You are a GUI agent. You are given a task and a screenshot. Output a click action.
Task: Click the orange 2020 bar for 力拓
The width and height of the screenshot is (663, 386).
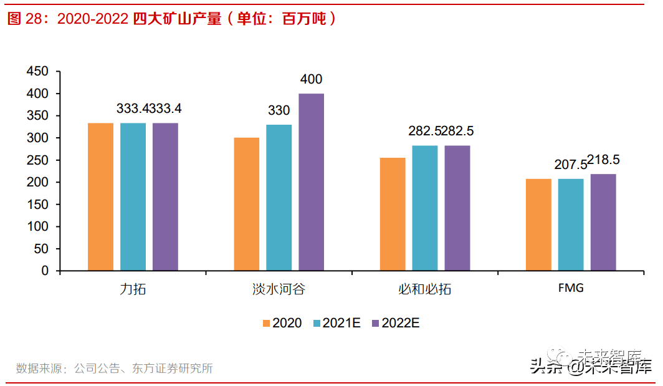[100, 196]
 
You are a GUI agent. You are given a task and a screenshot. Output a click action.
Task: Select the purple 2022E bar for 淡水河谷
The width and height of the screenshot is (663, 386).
[311, 182]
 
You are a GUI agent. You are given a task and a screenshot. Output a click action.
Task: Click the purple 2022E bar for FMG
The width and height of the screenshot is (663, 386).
[603, 222]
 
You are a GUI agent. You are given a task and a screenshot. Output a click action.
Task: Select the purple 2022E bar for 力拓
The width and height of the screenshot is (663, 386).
[165, 196]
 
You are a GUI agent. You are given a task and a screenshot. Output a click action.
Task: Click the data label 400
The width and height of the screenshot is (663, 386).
[311, 80]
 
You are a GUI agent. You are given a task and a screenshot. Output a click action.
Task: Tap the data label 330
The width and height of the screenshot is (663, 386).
[279, 110]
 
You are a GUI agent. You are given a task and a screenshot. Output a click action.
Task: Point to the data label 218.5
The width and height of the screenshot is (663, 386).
[601, 159]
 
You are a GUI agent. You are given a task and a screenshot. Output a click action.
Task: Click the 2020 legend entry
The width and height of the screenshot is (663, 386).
[282, 323]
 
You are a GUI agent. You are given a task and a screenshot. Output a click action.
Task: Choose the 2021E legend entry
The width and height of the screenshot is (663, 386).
[336, 323]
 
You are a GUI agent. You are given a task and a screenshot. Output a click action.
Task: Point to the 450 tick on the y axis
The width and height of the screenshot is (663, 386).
[37, 72]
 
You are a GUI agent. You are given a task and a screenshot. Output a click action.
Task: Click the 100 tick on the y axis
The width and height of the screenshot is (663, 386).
[37, 226]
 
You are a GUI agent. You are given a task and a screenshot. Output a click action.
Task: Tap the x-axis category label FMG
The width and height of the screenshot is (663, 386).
[570, 289]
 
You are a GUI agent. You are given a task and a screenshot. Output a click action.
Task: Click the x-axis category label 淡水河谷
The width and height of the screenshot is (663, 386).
[279, 290]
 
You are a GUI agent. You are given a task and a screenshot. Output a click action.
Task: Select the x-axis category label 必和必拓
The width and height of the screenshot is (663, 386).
[424, 290]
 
